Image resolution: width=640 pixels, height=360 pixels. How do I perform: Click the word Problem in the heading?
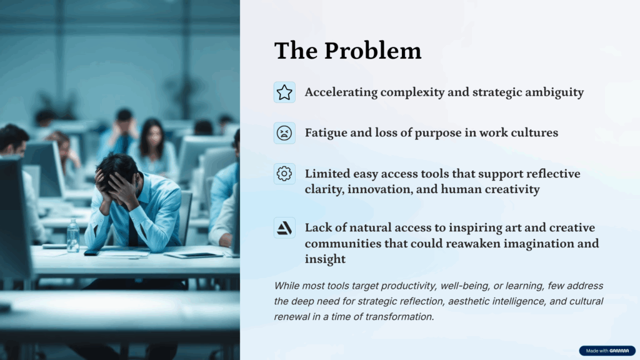click(372, 51)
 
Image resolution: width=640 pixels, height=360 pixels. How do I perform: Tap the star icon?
click(284, 92)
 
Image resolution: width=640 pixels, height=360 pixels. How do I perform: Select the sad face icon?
click(284, 133)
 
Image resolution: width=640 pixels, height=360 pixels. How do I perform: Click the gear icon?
click(284, 174)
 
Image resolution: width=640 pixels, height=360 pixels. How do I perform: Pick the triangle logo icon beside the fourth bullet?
click(284, 227)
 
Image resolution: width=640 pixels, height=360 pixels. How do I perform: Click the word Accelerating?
click(341, 92)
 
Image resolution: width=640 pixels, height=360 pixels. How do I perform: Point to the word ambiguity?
click(554, 92)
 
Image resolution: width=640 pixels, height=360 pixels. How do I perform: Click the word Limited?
click(327, 174)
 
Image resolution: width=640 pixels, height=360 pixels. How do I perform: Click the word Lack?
click(318, 227)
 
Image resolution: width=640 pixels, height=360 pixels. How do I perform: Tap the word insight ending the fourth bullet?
click(325, 259)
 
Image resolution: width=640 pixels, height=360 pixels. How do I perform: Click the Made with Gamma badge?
click(607, 351)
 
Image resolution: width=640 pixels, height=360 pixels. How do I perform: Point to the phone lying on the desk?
click(92, 252)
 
